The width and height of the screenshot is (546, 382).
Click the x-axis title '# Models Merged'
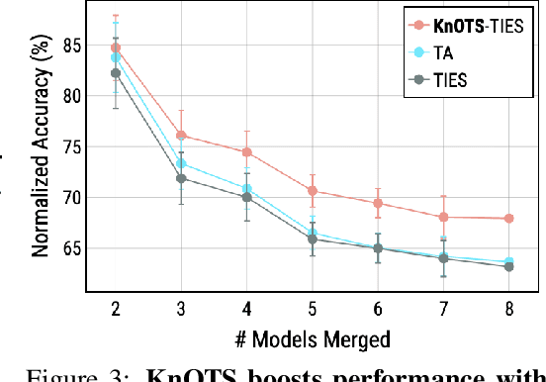pyautogui.click(x=313, y=338)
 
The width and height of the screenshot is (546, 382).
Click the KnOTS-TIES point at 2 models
pyautogui.click(x=117, y=47)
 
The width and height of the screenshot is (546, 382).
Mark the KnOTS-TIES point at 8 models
pyautogui.click(x=509, y=218)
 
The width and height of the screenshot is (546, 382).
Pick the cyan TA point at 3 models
pyautogui.click(x=182, y=163)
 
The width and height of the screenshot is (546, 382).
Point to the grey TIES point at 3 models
pyautogui.click(x=182, y=178)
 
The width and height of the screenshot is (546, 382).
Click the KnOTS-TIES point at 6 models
pyautogui.click(x=378, y=203)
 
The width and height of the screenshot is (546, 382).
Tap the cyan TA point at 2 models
pyautogui.click(x=117, y=57)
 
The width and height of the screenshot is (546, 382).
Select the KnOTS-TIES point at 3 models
pyautogui.click(x=182, y=136)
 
